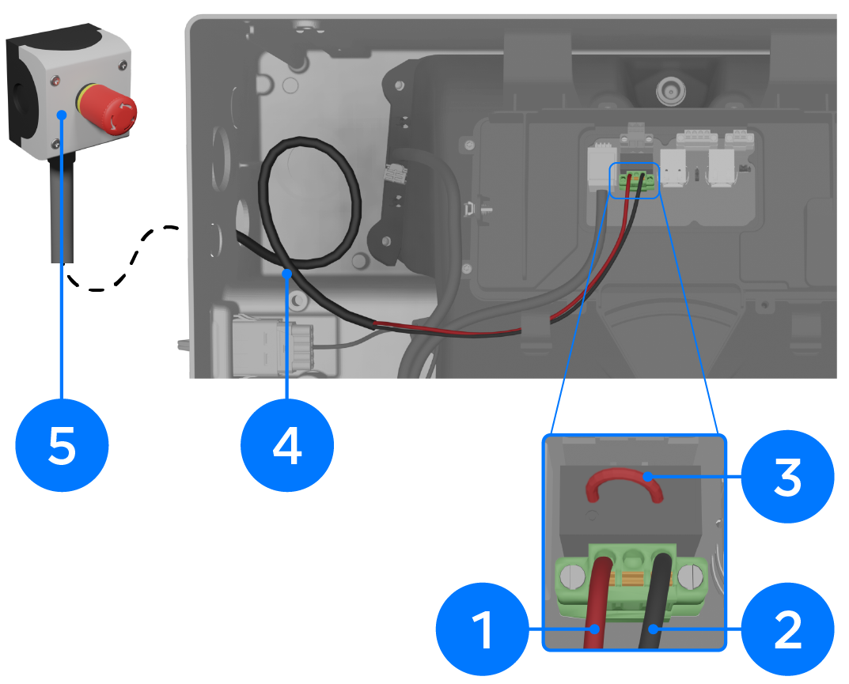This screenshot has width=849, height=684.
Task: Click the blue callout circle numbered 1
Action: (483, 629)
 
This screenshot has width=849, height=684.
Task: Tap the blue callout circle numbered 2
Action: (787, 629)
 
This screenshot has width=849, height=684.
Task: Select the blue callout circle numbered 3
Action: (787, 476)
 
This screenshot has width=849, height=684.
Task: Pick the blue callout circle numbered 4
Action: (287, 445)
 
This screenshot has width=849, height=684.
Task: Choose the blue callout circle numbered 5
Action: (62, 445)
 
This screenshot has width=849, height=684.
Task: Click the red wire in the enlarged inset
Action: (597, 601)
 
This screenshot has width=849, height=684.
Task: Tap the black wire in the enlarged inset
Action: (656, 601)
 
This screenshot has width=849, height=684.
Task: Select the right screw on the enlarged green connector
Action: (689, 577)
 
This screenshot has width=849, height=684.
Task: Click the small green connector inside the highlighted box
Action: (635, 178)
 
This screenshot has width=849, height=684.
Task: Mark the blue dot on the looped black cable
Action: (287, 274)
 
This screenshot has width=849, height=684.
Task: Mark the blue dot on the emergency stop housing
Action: (62, 115)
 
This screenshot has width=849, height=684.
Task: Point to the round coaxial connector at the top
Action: (671, 91)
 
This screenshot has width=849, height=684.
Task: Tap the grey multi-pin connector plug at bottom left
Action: (274, 346)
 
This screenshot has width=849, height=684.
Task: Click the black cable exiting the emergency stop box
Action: (62, 211)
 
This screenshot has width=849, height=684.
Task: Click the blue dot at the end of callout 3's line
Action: (646, 476)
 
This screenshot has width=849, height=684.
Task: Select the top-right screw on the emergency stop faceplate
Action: (122, 66)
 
